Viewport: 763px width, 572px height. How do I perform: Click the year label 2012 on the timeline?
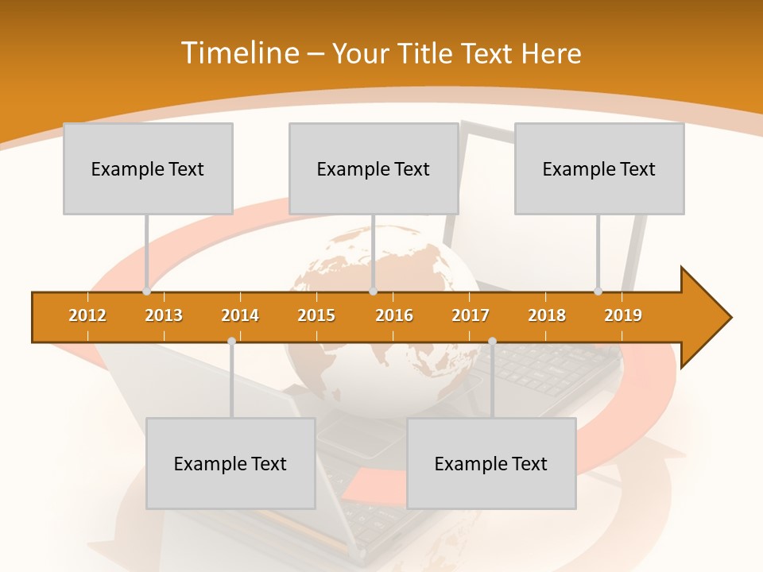click(x=87, y=315)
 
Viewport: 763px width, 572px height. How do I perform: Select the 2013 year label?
click(x=164, y=315)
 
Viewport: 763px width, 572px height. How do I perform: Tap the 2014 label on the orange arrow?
click(x=240, y=315)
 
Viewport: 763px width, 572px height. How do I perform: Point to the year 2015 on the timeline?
click(x=316, y=315)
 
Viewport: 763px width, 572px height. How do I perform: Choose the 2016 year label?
click(x=394, y=315)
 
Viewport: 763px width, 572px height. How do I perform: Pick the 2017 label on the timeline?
click(x=471, y=315)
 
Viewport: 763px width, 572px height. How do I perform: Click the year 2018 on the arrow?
click(x=547, y=315)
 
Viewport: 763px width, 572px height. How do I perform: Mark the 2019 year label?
click(x=623, y=315)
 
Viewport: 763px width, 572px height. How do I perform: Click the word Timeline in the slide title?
click(x=238, y=53)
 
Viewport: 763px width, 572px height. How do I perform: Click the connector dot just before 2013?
click(x=146, y=292)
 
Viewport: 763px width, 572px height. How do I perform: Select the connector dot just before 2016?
click(x=373, y=292)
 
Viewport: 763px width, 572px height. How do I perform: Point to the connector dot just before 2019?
click(x=598, y=292)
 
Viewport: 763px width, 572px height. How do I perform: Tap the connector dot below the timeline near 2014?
click(x=231, y=341)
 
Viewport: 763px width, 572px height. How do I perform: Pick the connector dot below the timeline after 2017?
click(x=492, y=341)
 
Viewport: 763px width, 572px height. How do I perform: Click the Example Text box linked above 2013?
click(x=148, y=168)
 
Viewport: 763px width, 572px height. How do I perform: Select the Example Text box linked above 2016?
click(x=374, y=168)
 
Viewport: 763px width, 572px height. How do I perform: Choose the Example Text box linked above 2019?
click(x=599, y=168)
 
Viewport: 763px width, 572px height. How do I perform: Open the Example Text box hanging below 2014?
click(x=230, y=463)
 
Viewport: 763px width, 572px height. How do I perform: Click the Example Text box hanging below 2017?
click(x=491, y=463)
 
